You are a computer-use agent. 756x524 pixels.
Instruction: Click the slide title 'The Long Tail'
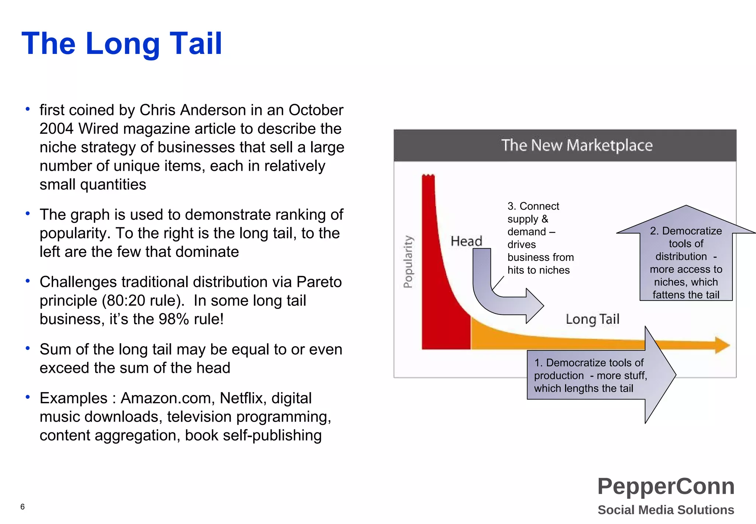click(x=122, y=44)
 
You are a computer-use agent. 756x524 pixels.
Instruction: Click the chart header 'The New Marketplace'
click(x=577, y=145)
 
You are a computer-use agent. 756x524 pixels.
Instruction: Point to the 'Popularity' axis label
click(x=408, y=262)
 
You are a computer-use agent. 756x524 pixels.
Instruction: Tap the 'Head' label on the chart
click(x=466, y=241)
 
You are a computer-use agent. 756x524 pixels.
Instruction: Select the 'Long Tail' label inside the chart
click(x=592, y=319)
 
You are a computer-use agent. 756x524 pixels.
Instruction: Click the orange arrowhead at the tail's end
click(x=722, y=345)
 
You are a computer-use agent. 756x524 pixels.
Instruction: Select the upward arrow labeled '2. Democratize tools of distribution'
click(x=686, y=259)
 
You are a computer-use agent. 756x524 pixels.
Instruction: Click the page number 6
click(x=23, y=507)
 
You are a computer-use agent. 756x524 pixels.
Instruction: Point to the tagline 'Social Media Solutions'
click(x=666, y=510)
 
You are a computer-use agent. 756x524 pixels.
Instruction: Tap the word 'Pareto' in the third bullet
click(x=319, y=282)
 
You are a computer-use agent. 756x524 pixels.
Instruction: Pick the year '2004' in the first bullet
click(x=56, y=129)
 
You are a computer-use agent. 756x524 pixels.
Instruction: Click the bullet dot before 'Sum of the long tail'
click(x=28, y=348)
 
